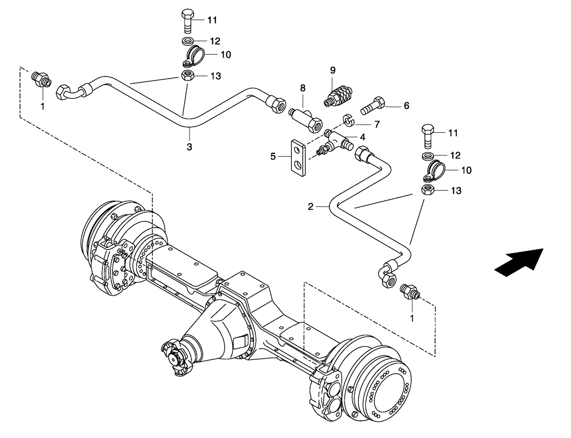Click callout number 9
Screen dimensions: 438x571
coord(332,70)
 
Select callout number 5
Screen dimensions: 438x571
coord(272,155)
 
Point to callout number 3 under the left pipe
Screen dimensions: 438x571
coord(190,147)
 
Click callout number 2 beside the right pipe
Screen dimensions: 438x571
coord(311,207)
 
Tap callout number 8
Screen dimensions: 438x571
coord(303,88)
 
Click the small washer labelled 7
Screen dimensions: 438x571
coord(348,120)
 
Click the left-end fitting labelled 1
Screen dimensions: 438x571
coord(42,79)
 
